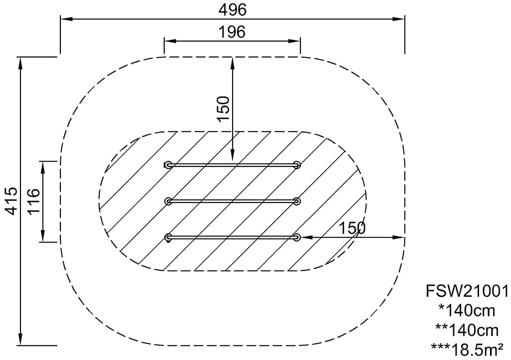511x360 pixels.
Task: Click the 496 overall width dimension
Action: coord(233,10)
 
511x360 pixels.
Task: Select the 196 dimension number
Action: coord(232,32)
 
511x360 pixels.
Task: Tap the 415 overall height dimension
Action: coord(12,200)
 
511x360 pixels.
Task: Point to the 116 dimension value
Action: coord(34,201)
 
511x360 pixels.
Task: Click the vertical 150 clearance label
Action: coord(224,109)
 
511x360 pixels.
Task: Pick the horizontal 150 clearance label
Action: coord(352,228)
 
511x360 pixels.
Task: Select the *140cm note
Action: coord(467,310)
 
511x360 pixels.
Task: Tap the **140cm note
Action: coord(467,330)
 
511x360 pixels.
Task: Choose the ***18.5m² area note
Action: coord(467,350)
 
